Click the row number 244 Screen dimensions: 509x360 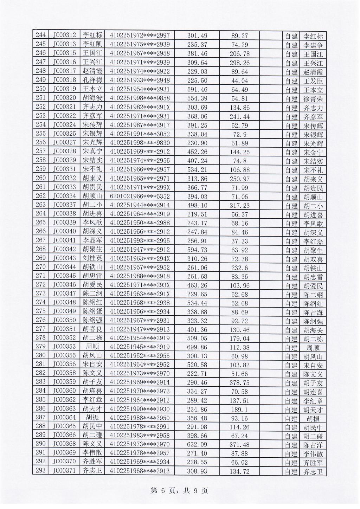41,35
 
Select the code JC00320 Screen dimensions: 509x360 64,98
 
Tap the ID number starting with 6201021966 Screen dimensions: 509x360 140,196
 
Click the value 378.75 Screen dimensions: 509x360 240,383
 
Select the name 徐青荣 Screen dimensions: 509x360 313,99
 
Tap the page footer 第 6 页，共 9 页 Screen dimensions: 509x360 179,490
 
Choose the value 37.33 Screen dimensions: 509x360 240,241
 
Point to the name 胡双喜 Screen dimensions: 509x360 313,259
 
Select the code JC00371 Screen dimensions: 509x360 64,471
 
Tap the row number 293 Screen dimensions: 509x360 41,471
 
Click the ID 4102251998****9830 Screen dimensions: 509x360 140,142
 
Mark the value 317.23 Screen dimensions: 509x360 240,205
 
